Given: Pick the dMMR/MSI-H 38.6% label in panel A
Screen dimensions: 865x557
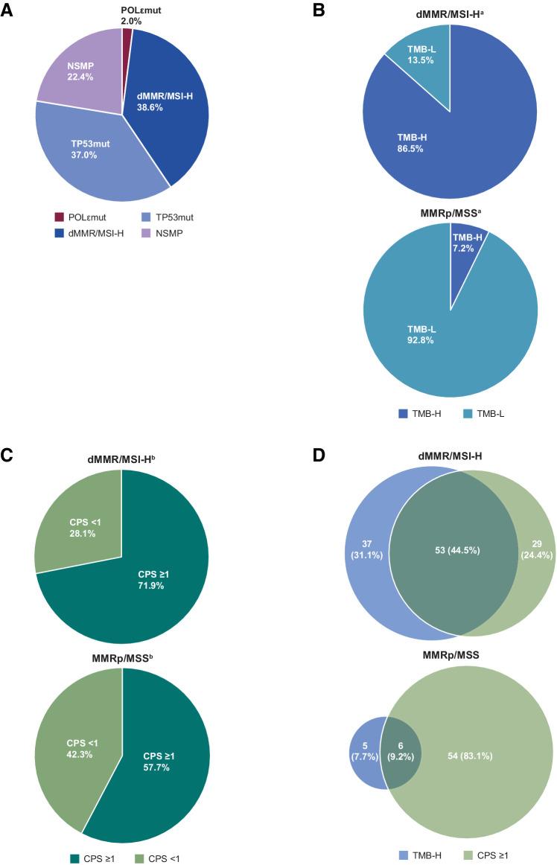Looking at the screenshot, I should tap(165, 101).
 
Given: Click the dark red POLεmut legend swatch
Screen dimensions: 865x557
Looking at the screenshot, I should tap(60, 217).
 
